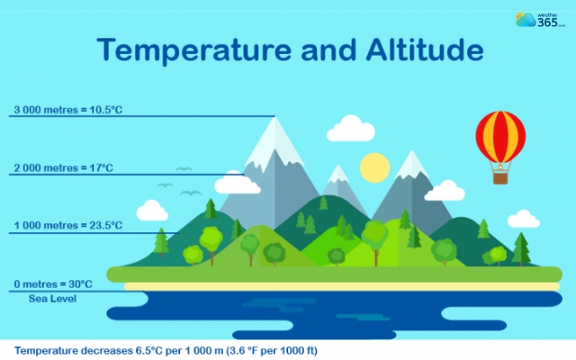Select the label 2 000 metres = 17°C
click(63, 168)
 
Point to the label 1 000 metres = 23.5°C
click(67, 226)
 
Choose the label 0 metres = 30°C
click(53, 284)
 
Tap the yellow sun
click(373, 166)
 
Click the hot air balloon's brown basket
click(500, 177)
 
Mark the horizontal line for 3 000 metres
click(180, 117)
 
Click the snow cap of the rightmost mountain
click(411, 166)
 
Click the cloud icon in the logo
click(526, 19)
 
